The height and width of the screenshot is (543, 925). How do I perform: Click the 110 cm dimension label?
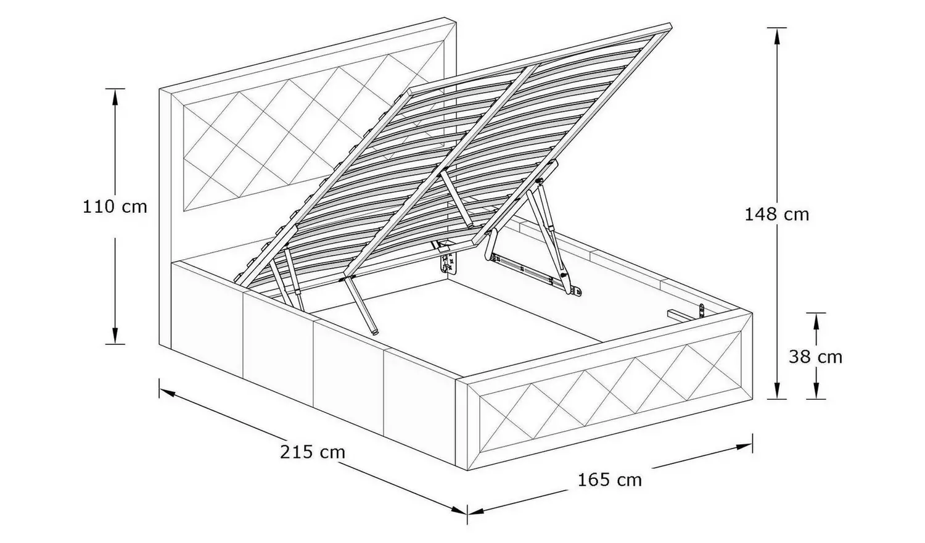pyautogui.click(x=115, y=207)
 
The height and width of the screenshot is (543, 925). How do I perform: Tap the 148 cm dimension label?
pyautogui.click(x=776, y=215)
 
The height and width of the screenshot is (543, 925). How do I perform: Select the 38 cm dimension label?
pyautogui.click(x=815, y=357)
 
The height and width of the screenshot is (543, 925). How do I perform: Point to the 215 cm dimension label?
pyautogui.click(x=313, y=452)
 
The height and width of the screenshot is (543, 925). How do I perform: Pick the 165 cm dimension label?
pyautogui.click(x=609, y=479)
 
